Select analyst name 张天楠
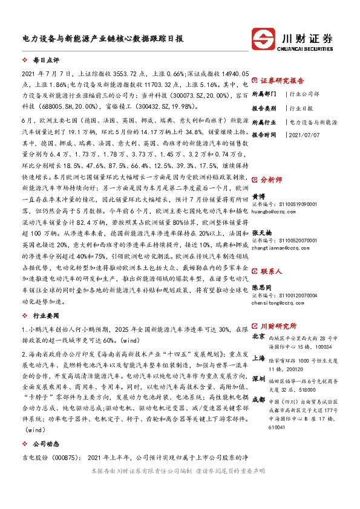[x=261, y=232]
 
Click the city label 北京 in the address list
[x=258, y=336]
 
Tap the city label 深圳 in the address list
[x=258, y=378]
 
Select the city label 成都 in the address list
[x=258, y=398]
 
